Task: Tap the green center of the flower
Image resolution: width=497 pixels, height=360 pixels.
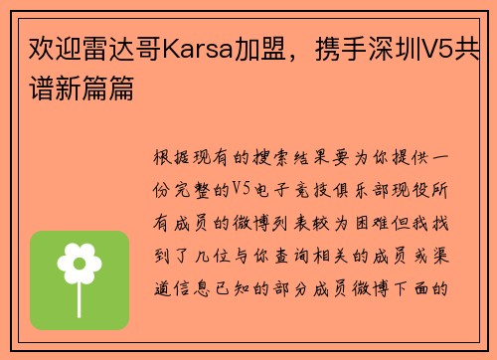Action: [80, 264]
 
